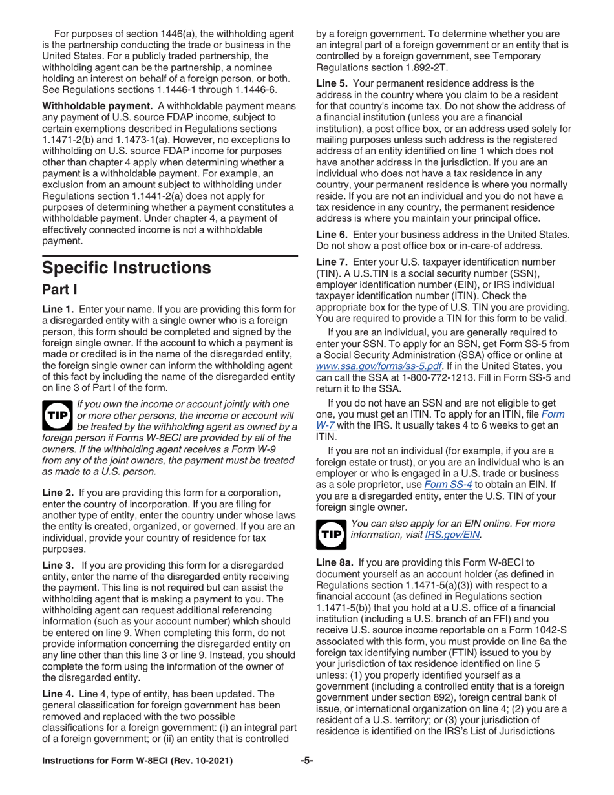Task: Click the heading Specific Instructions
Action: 126,267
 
